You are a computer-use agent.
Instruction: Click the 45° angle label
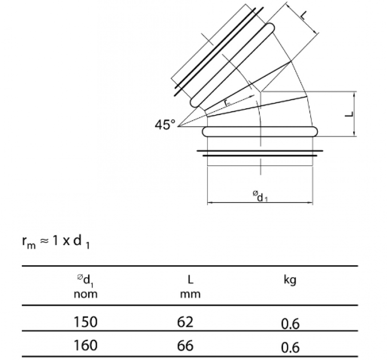click(165, 125)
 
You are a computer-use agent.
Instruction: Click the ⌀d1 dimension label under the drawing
click(260, 196)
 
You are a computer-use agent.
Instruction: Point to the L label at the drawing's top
click(303, 15)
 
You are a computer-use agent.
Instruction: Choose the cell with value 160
click(85, 345)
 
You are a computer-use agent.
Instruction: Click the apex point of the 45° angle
click(179, 127)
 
